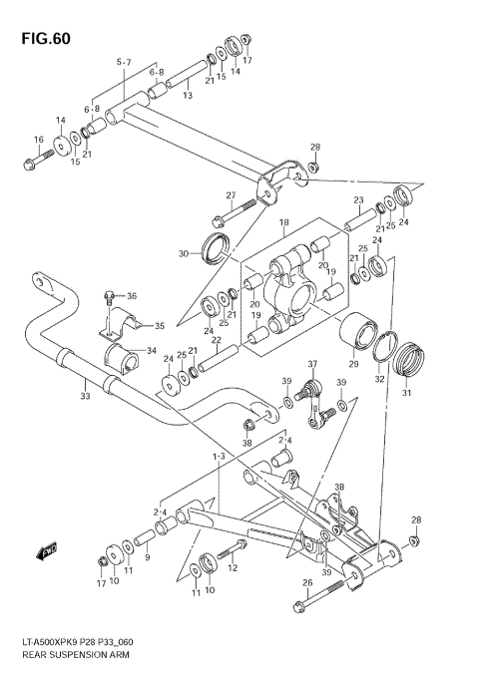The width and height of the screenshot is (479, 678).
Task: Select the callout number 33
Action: (x=85, y=397)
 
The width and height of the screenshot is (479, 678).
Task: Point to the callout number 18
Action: (x=283, y=222)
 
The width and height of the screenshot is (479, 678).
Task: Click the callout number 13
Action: (x=187, y=95)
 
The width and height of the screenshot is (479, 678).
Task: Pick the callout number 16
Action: (x=38, y=140)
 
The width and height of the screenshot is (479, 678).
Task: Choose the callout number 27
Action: (x=231, y=195)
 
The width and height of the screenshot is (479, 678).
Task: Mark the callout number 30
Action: (x=184, y=254)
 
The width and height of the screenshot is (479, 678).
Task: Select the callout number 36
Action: (x=132, y=295)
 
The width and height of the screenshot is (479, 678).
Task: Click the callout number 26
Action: (x=292, y=583)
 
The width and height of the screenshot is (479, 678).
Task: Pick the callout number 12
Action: (x=233, y=568)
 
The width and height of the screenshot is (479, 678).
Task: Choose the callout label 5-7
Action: (x=123, y=63)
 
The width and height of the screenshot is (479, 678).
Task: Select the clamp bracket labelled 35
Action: (x=121, y=322)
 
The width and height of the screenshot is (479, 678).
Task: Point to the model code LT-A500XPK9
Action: (x=47, y=644)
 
